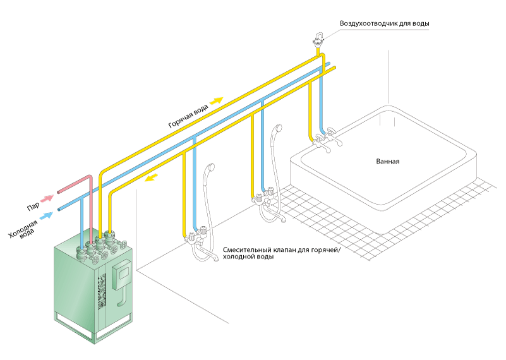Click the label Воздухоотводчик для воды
coord(384,23)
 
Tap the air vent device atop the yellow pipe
coord(318,40)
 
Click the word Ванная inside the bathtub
coord(388,161)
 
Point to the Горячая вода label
coord(188,116)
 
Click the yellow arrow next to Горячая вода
coord(217,100)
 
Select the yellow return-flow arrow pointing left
coord(151,177)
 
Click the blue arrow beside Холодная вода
coord(47,215)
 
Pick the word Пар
coord(33,207)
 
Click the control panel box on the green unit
coord(122,273)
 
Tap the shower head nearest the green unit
coord(211,167)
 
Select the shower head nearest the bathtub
coord(277,128)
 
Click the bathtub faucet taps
coord(326,139)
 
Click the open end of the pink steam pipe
coord(58,192)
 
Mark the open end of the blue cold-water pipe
coord(59,210)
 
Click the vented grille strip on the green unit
coord(102,291)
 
